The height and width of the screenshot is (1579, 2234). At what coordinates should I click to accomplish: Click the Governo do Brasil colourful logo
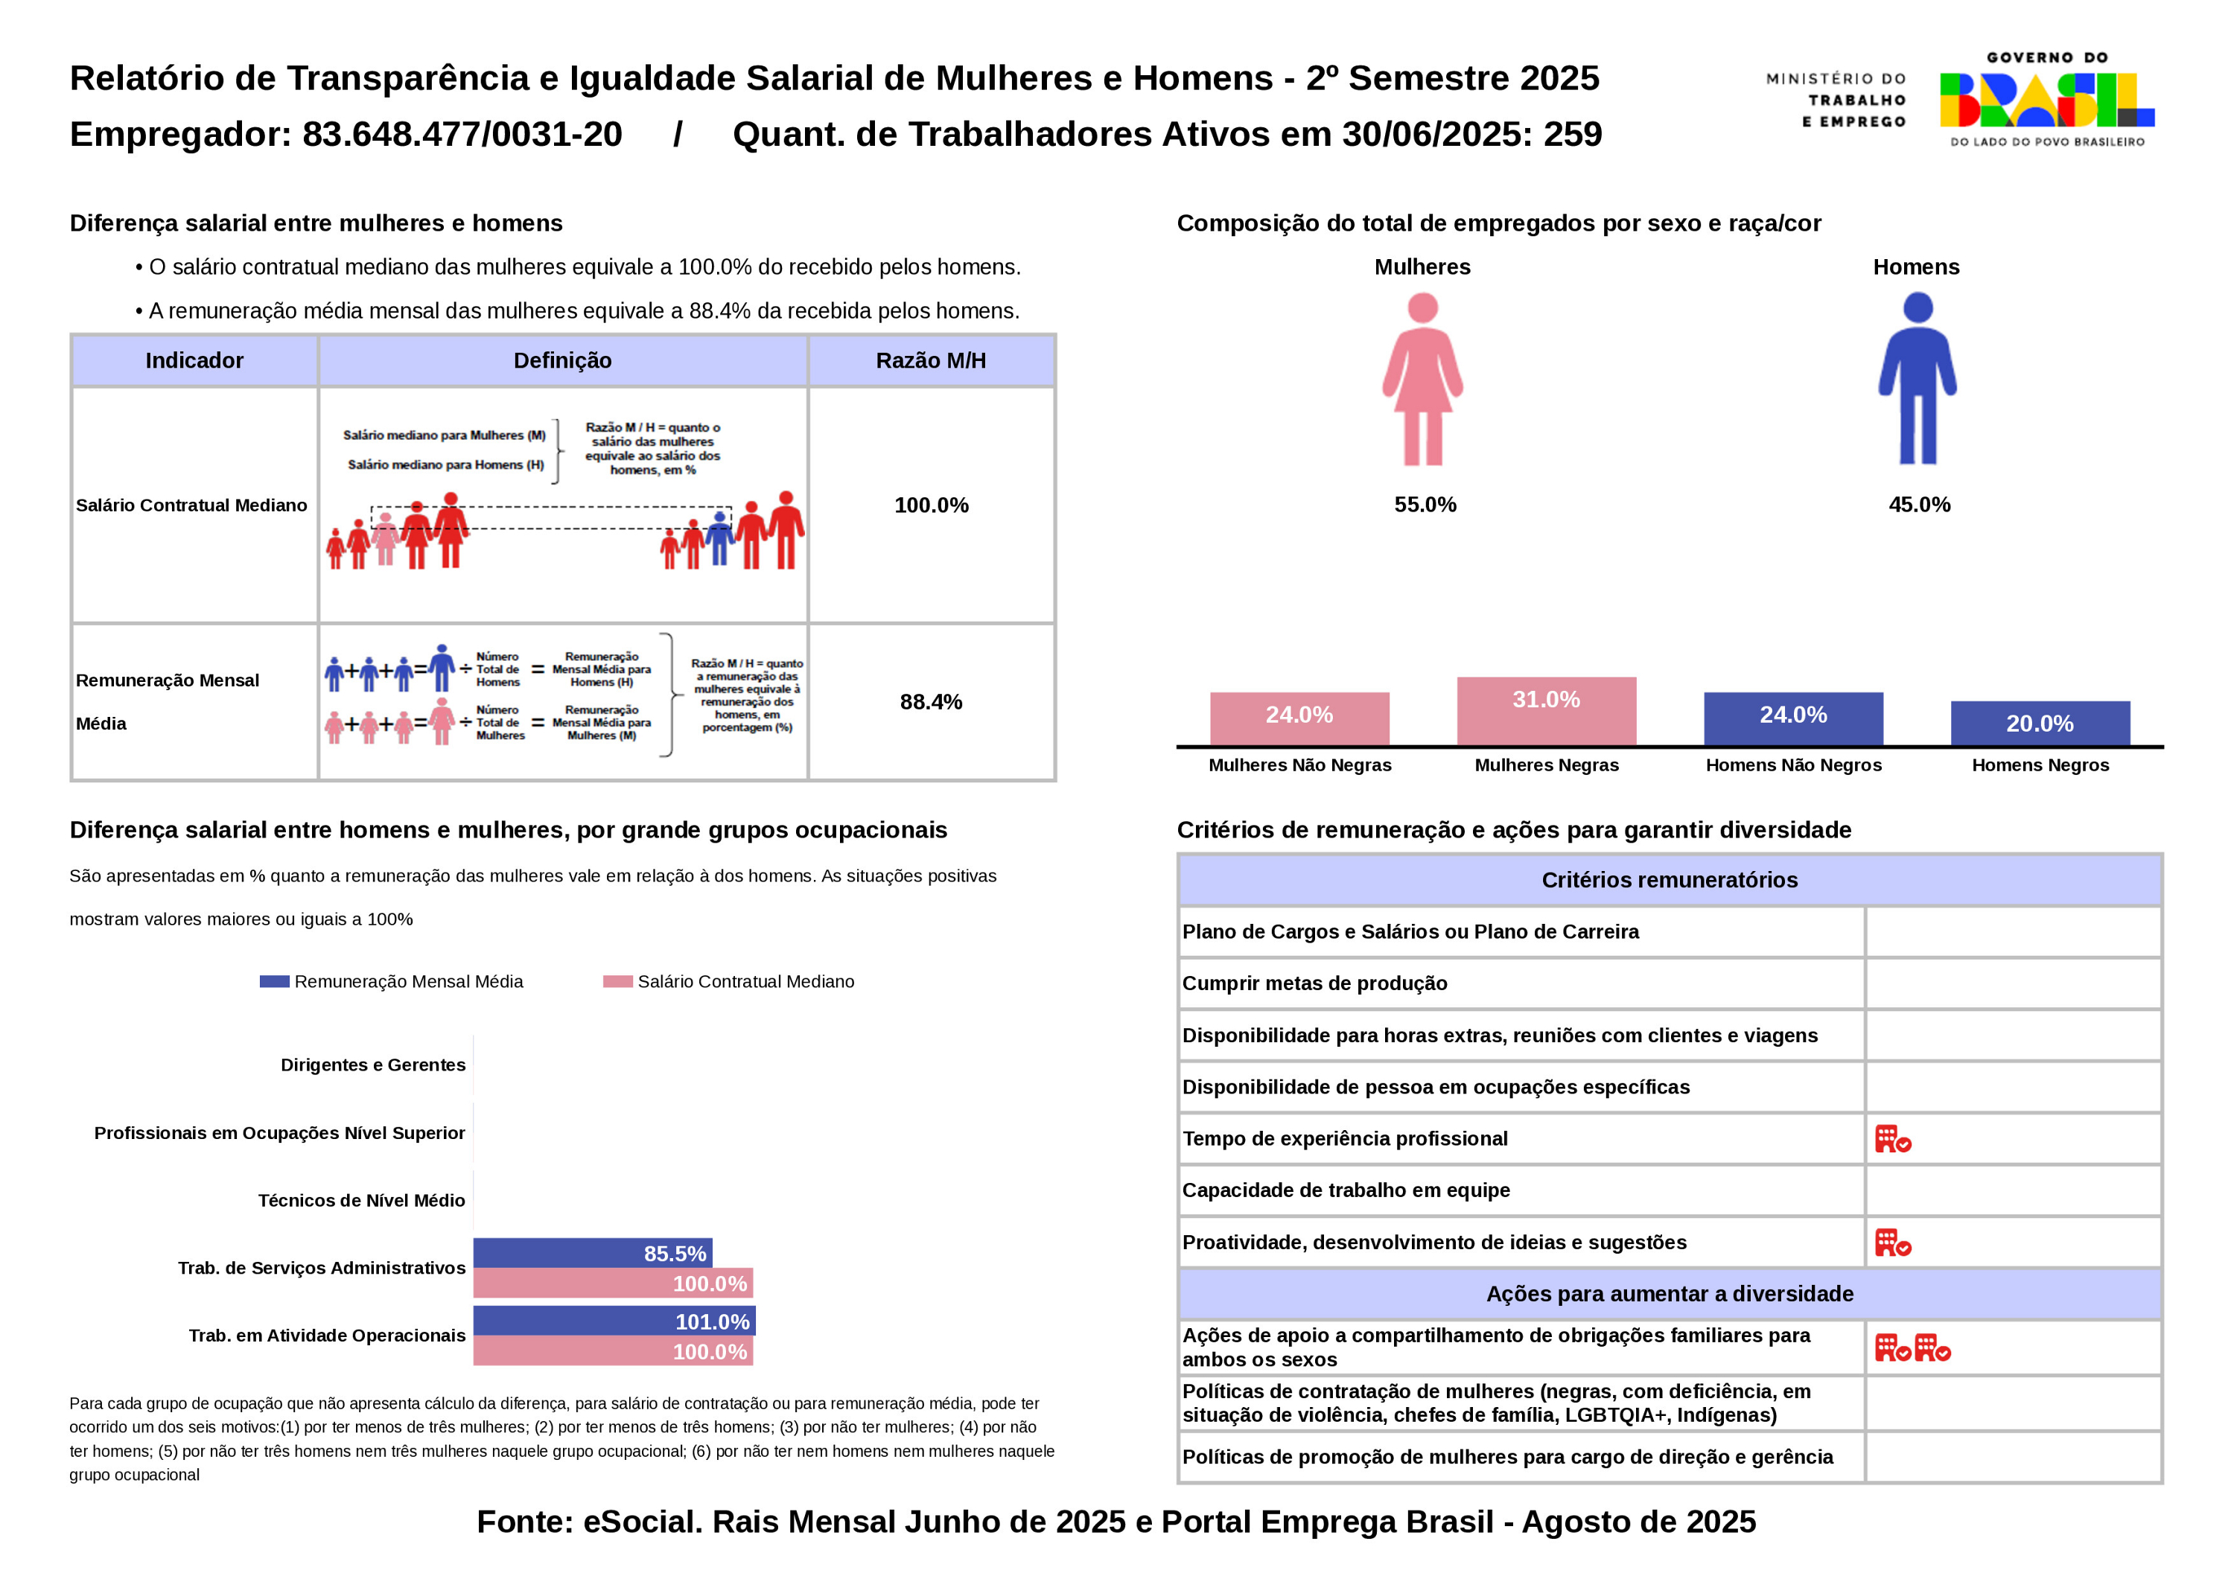point(2046,101)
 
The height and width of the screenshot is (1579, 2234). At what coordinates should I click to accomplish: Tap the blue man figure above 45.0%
point(1917,380)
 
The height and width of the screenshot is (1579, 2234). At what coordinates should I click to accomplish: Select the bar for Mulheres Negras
point(1546,710)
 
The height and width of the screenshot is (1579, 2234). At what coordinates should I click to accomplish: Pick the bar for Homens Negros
point(2040,723)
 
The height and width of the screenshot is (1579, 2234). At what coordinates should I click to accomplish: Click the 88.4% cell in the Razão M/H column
point(930,703)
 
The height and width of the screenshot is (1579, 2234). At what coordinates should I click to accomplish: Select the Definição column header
point(562,361)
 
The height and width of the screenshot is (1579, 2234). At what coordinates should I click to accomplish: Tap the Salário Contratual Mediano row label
point(191,505)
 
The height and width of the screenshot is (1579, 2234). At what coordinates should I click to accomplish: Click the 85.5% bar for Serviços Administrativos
point(593,1253)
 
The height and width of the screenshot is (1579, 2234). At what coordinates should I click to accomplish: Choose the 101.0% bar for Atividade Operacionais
point(614,1321)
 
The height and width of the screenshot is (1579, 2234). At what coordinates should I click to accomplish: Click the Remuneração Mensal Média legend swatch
point(274,982)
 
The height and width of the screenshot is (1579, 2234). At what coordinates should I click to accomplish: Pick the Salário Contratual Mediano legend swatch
point(618,982)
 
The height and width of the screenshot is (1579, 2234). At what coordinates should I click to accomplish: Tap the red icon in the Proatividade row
point(1892,1243)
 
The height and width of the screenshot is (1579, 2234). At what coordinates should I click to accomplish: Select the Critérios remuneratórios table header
point(1669,881)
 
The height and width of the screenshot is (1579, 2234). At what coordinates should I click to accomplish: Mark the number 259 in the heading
point(1572,134)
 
